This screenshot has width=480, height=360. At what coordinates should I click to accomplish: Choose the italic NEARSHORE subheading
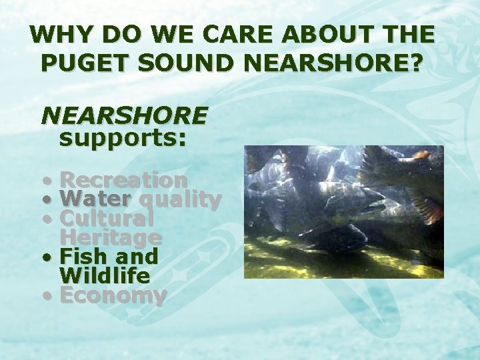pos(124,116)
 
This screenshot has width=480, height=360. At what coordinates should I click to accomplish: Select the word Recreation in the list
pos(124,180)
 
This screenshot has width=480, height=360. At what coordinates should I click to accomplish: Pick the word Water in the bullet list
pos(95,199)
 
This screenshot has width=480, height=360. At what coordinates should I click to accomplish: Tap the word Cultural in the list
pos(107,218)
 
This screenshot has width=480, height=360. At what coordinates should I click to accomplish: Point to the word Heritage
pos(111,237)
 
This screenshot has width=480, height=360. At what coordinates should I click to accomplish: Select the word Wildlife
pos(105,275)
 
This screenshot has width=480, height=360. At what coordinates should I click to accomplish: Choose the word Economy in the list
pos(113,295)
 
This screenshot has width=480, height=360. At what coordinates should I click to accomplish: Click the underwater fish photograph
pos(343,211)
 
